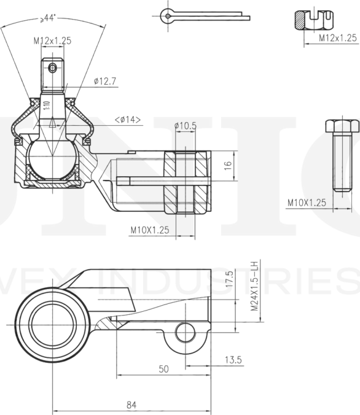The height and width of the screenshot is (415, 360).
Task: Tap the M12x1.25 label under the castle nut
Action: pyautogui.click(x=337, y=38)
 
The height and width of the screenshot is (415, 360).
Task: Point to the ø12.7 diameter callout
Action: pyautogui.click(x=106, y=80)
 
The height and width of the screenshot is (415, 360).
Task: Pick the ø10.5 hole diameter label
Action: pyautogui.click(x=185, y=126)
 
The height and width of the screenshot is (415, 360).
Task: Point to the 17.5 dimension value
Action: pyautogui.click(x=229, y=280)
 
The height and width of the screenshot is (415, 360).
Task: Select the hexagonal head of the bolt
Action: pyautogui.click(x=340, y=126)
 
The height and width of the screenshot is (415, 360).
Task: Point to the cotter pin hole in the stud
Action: pyautogui.click(x=53, y=66)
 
